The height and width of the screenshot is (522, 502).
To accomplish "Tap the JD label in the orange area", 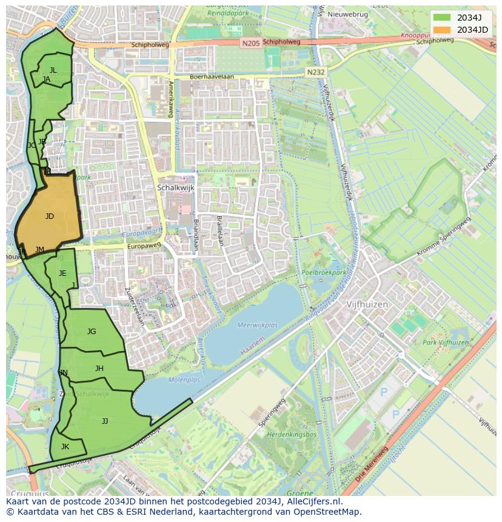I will point(50,216).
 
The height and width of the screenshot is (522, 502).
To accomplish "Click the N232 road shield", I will point(315,72).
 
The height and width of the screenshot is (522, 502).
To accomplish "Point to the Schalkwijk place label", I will point(175,188).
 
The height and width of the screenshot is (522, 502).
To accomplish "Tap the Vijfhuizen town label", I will point(367,305).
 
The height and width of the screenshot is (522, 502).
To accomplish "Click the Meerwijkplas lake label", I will point(258,325).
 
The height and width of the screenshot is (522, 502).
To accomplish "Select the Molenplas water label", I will point(184,380).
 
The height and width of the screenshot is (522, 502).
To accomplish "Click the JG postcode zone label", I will point(92,332).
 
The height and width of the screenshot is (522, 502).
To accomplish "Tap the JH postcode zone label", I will point(99,369).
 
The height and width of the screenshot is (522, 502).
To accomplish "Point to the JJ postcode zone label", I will point(105,421).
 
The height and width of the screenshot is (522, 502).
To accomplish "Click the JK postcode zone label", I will point(65,447).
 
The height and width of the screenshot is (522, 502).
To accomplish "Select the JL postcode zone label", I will point(53,70).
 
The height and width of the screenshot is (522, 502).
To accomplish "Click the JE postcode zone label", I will point(62,273).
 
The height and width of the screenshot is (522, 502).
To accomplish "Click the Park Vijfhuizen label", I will point(446,343).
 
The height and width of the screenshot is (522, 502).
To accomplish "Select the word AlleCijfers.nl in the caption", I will point(315,501).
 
